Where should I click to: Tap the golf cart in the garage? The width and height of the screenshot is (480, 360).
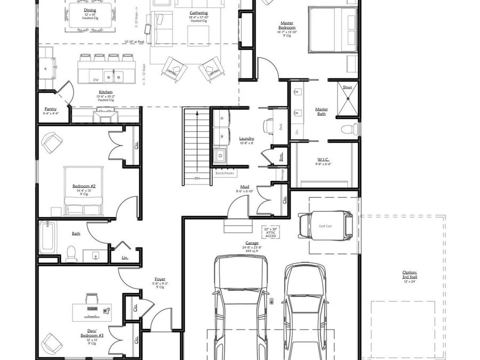[x=325, y=226]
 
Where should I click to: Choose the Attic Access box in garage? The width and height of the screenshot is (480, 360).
[x=271, y=233]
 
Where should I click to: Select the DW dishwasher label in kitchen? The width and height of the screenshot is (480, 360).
[x=96, y=80]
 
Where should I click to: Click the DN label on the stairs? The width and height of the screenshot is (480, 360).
[x=196, y=178]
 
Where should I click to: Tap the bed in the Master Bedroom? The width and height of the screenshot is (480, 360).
[x=332, y=29]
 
